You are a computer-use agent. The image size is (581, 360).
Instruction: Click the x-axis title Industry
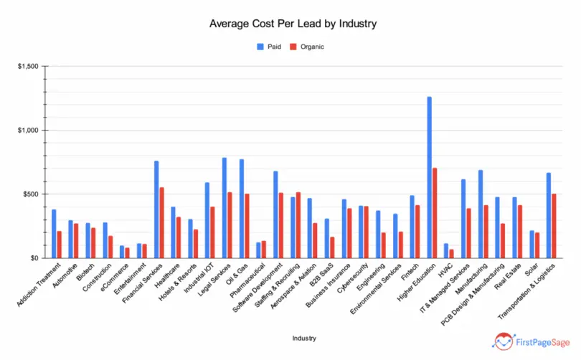tap(305, 337)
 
